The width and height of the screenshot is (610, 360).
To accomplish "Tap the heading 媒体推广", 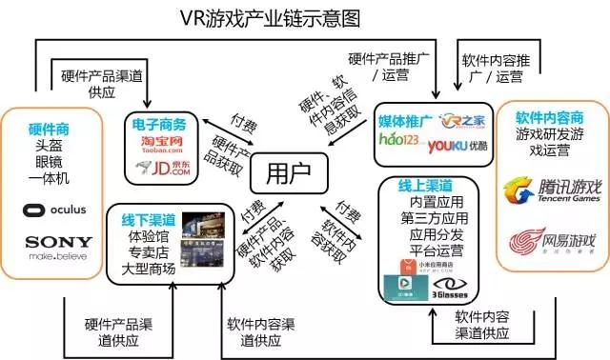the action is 406,121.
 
